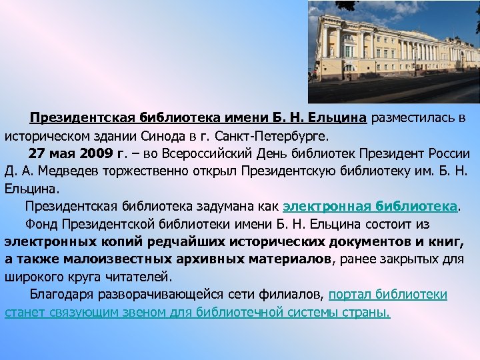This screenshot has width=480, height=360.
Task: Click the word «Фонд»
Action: (x=38, y=223)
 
